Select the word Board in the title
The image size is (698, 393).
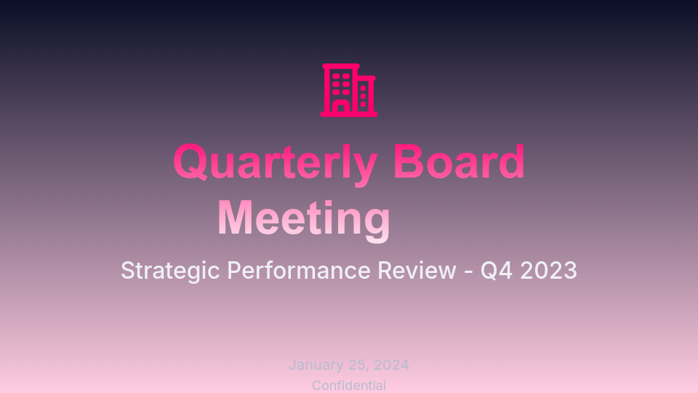pos(459,162)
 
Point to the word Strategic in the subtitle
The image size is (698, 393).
pos(170,271)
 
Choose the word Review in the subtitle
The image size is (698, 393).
pos(417,271)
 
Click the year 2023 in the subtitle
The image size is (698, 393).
pos(549,271)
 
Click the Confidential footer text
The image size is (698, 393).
pos(349,386)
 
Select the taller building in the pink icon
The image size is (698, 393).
pos(340,83)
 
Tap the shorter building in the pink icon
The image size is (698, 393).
pos(365,95)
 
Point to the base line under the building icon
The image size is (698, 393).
pos(349,114)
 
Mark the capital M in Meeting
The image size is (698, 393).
pos(237,218)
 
